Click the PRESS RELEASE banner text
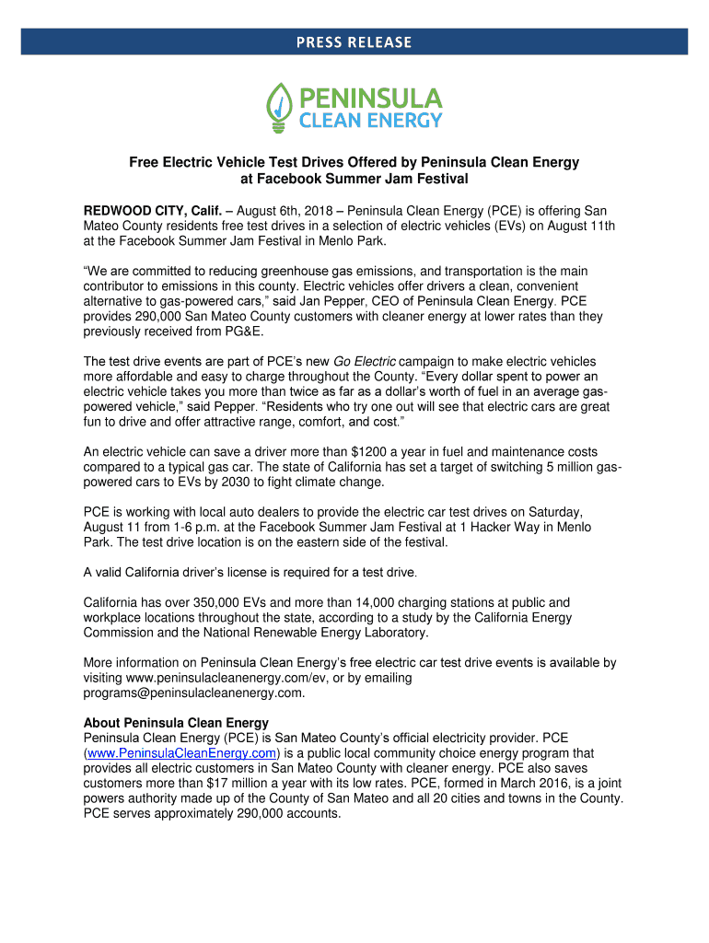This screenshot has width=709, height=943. click(354, 42)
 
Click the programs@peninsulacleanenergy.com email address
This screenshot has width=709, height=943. click(193, 693)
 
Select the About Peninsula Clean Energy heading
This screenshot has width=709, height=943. click(176, 723)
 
